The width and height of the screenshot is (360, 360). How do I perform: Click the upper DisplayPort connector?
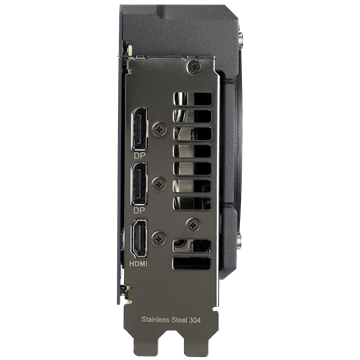tap(140, 129)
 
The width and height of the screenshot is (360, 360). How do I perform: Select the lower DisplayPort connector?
tap(140, 185)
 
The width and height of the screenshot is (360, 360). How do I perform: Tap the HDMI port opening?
tap(139, 239)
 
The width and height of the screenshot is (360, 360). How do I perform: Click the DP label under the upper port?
tap(140, 156)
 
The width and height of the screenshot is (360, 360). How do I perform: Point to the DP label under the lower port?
tap(140, 211)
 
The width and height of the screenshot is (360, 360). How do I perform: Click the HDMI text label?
tap(138, 264)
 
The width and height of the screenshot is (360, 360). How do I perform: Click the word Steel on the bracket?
tap(179, 319)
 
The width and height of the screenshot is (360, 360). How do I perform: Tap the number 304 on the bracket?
tap(195, 319)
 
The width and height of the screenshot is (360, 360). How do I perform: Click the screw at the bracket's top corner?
tap(194, 68)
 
